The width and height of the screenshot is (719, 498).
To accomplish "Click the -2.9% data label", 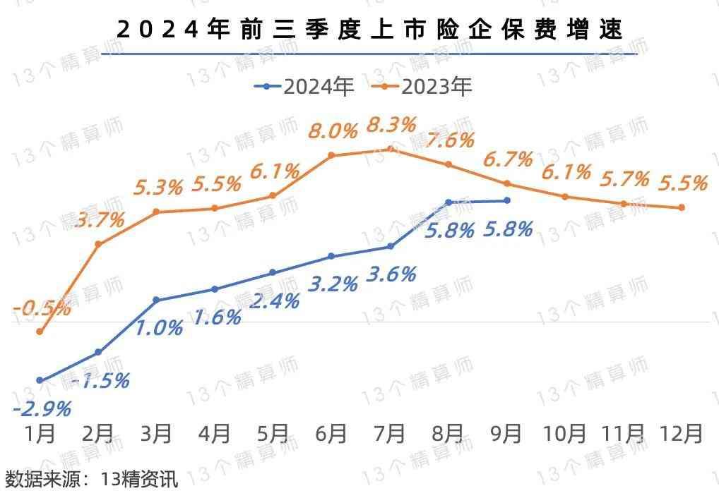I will tap(42, 408).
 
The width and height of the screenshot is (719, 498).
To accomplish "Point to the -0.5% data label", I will tap(42, 308).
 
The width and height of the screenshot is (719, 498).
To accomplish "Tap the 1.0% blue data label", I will tap(160, 327).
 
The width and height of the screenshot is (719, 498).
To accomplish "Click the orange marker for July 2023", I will tap(391, 149).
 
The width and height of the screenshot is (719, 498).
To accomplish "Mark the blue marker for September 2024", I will tap(507, 200).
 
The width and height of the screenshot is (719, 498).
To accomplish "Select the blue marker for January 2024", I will tap(40, 380).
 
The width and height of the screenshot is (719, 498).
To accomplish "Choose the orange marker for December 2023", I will tap(682, 207).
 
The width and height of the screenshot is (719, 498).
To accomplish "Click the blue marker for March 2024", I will tap(156, 300).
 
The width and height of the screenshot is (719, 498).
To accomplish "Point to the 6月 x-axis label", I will tap(331, 433).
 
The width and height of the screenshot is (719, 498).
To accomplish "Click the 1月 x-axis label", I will tap(40, 433).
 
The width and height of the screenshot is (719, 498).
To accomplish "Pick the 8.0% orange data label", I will tap(332, 132).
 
